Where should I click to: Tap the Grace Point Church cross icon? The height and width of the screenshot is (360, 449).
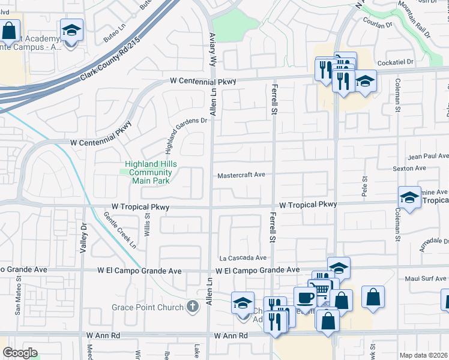click(x=192, y=308)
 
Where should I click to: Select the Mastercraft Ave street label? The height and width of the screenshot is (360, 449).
click(x=241, y=175)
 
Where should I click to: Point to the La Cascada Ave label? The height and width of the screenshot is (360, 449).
click(x=243, y=257)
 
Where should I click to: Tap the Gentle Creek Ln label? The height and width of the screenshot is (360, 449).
click(x=120, y=230)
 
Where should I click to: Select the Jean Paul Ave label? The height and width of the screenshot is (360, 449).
click(x=428, y=156)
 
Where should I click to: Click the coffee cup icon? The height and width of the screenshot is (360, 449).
click(x=304, y=297)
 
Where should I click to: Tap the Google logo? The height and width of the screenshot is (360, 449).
click(x=20, y=353)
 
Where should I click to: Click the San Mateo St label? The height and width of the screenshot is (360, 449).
click(x=18, y=300)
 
